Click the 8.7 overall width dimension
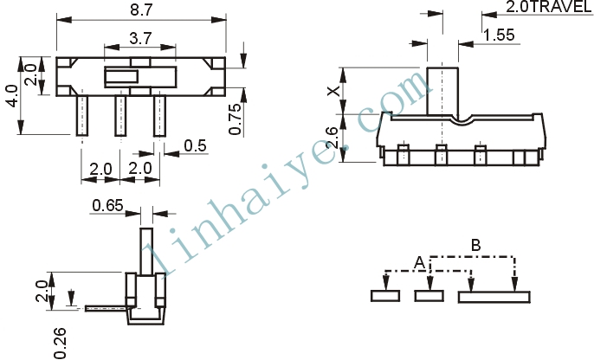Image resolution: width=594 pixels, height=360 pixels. click(x=141, y=10)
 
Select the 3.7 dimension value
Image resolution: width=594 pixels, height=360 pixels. click(x=140, y=38)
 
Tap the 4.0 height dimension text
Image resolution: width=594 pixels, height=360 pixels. click(x=12, y=96)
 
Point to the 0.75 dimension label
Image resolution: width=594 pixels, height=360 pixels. click(x=235, y=119)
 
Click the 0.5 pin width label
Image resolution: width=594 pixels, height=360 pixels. click(x=196, y=145)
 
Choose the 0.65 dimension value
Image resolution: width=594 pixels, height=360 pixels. click(x=108, y=206)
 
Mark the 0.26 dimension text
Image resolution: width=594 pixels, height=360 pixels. click(x=61, y=343)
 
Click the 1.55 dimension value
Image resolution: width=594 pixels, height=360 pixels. click(x=500, y=35)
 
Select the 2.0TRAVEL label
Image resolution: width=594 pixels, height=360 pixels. click(x=549, y=7)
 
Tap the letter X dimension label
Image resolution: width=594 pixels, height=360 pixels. click(x=333, y=91)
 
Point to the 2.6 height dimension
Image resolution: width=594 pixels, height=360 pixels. click(x=332, y=138)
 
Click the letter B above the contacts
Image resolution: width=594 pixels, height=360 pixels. click(x=476, y=245)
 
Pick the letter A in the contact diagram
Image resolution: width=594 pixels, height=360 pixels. click(x=419, y=263)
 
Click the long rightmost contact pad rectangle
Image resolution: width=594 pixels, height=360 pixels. click(x=494, y=297)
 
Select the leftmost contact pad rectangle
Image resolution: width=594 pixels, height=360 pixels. click(x=385, y=296)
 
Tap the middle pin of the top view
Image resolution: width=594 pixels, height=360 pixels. click(x=121, y=115)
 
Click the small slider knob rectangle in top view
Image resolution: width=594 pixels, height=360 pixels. click(x=121, y=77)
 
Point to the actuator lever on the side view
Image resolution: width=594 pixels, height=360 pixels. click(x=442, y=91)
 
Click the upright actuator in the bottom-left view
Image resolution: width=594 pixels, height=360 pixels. click(x=146, y=251)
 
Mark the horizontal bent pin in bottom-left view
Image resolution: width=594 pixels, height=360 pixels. click(x=106, y=309)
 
